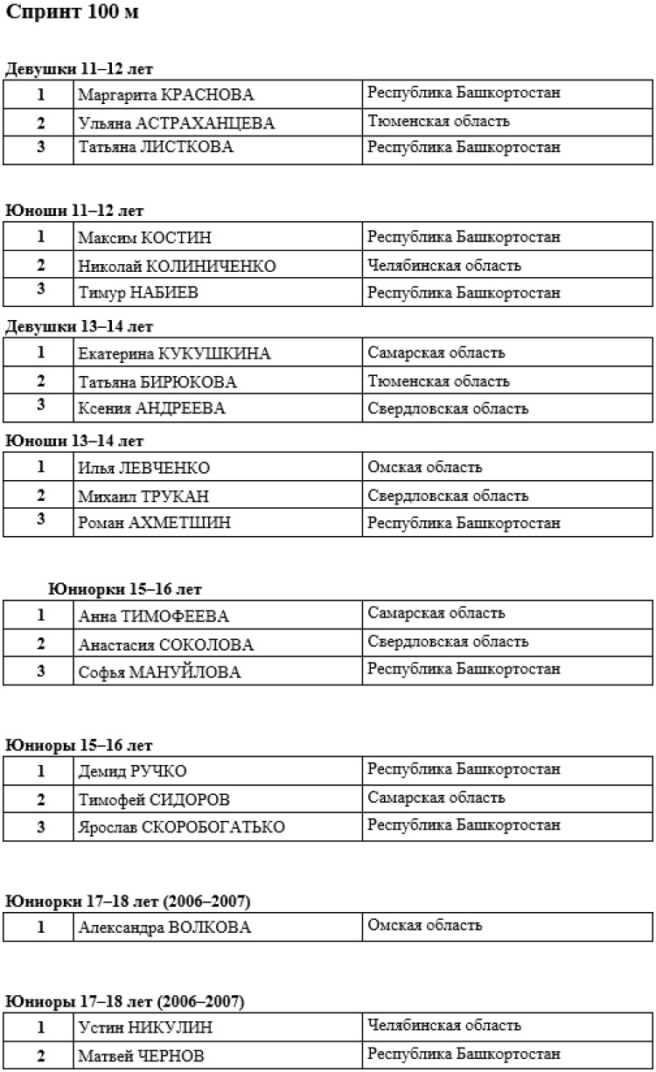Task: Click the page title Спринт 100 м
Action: point(72,15)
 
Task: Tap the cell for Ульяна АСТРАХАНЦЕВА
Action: point(176,123)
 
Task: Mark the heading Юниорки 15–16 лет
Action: point(126,589)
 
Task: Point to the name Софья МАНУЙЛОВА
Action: point(159,672)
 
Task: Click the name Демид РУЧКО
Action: point(132,771)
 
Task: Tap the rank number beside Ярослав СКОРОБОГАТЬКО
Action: point(40,825)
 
